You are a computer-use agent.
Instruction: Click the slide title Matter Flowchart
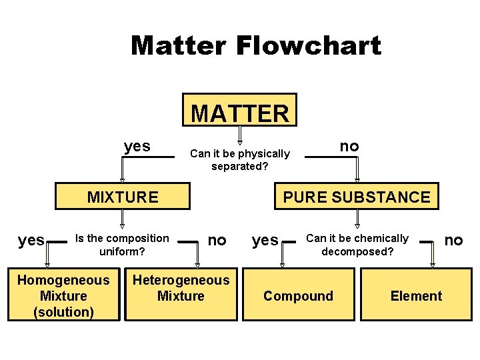[256, 45]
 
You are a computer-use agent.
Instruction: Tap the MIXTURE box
[123, 197]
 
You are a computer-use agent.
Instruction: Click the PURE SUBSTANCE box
[357, 197]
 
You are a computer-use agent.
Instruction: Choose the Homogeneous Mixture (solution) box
[63, 296]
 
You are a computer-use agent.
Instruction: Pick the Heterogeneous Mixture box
[181, 288]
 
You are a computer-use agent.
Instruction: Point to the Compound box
[298, 296]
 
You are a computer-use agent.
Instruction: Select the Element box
[416, 296]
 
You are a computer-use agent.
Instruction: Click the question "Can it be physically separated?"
[240, 160]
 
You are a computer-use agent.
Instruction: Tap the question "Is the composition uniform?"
[123, 245]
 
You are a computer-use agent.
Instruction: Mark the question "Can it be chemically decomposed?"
[357, 245]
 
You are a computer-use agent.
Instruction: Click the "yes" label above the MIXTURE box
[137, 146]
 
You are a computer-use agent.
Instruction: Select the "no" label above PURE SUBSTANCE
[349, 146]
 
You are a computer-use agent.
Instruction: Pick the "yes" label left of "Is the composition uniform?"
[31, 241]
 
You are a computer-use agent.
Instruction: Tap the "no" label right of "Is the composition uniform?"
[217, 240]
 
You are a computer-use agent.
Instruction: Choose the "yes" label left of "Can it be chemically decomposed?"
[265, 241]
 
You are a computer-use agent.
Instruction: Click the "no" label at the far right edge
[453, 240]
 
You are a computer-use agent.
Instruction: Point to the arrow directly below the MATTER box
[240, 135]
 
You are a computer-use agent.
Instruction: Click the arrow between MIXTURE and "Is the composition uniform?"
[123, 219]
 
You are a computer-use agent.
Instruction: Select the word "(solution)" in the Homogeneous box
[63, 312]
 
